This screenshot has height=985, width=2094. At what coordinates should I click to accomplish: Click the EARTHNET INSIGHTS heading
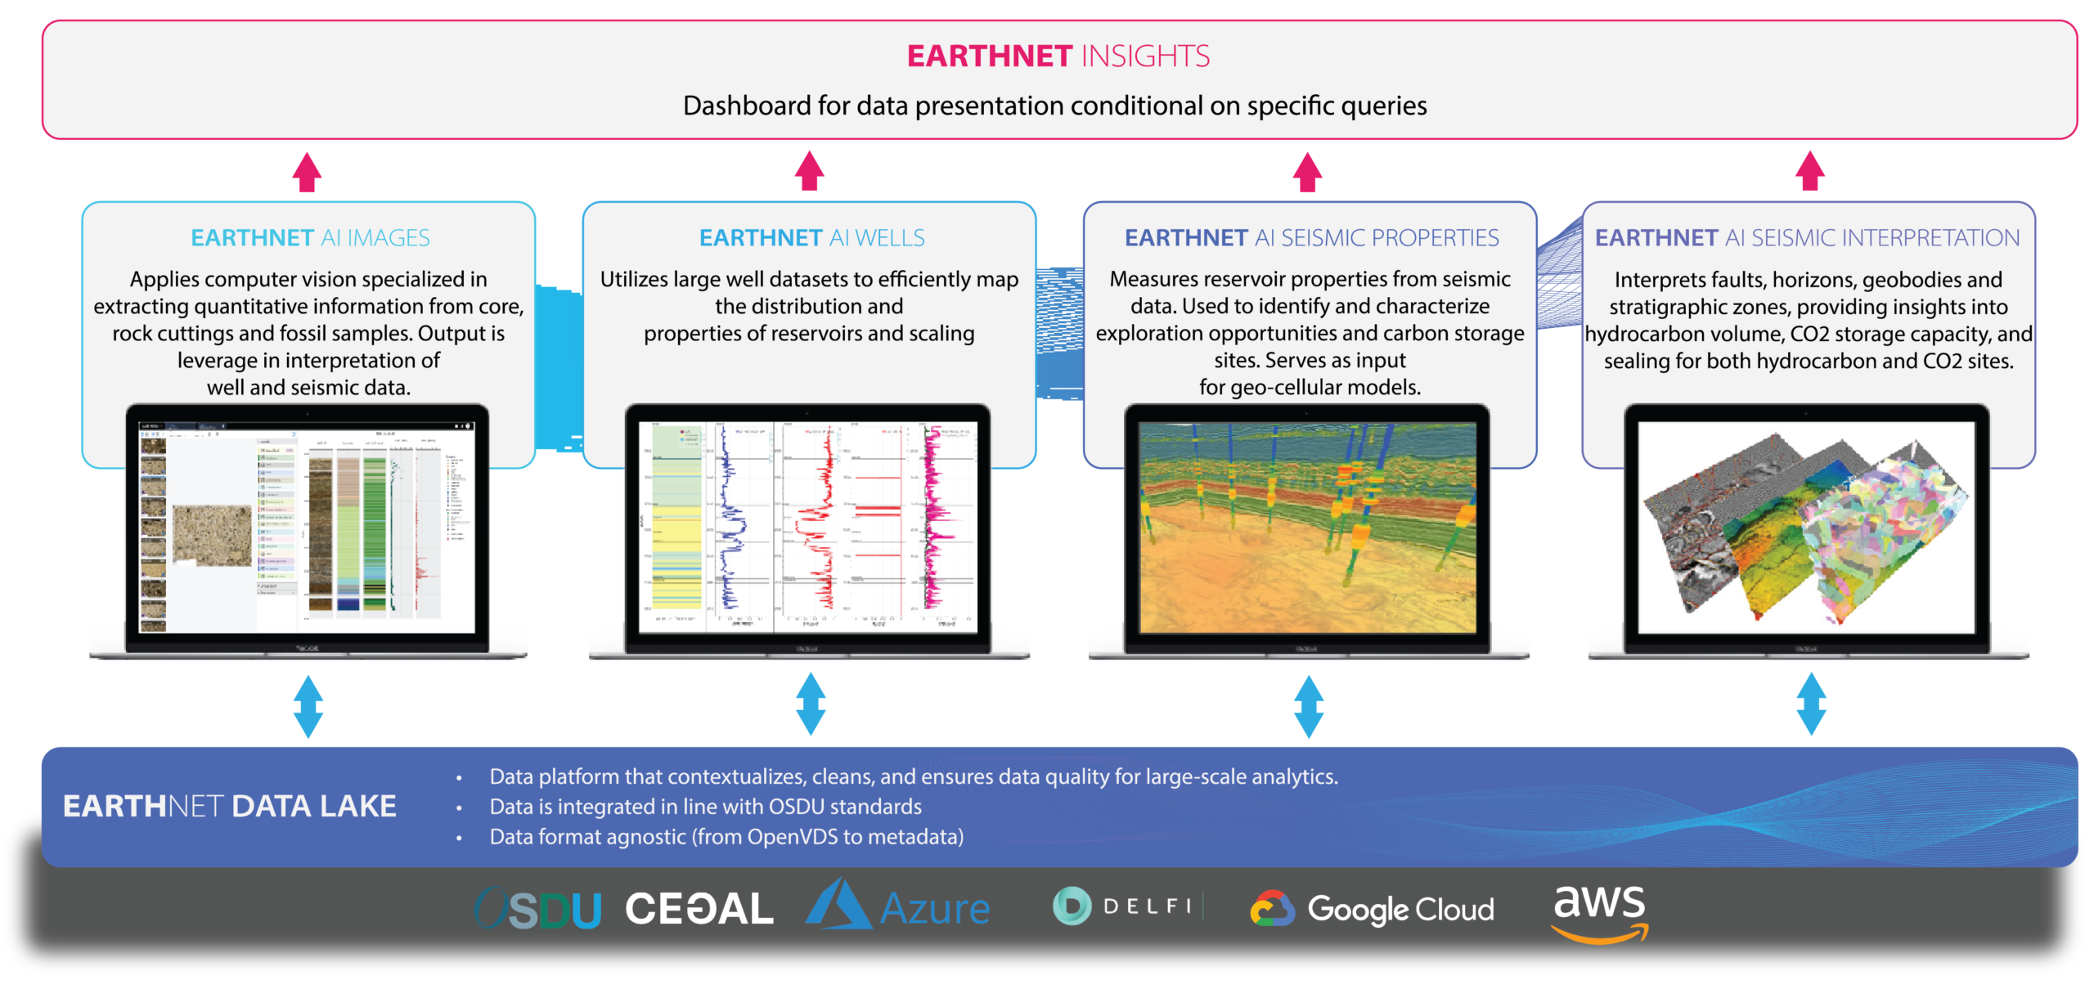tap(1058, 56)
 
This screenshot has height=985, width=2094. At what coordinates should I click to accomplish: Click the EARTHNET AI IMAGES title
tap(310, 237)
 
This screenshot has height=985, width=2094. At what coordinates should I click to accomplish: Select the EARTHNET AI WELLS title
tap(811, 237)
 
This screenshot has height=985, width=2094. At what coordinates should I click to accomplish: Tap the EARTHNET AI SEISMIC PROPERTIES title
tap(1311, 237)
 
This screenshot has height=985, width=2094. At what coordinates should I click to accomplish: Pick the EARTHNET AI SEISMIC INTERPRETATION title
tap(1807, 237)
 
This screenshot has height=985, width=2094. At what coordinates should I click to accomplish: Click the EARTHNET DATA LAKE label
tap(230, 806)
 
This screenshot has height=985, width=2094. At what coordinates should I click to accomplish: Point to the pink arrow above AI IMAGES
tap(308, 172)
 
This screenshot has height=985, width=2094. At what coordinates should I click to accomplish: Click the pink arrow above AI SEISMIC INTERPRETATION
tap(1810, 172)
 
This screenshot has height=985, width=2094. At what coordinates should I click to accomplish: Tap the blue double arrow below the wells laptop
tap(811, 704)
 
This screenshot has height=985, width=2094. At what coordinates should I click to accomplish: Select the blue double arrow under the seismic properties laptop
tap(1309, 706)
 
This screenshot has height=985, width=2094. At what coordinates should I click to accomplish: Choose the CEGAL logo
tap(699, 909)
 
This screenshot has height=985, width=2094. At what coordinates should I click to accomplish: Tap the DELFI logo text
tap(1147, 906)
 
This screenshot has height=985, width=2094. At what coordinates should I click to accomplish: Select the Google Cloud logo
tap(1373, 909)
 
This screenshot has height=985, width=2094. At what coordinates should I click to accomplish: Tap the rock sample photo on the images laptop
tap(213, 535)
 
